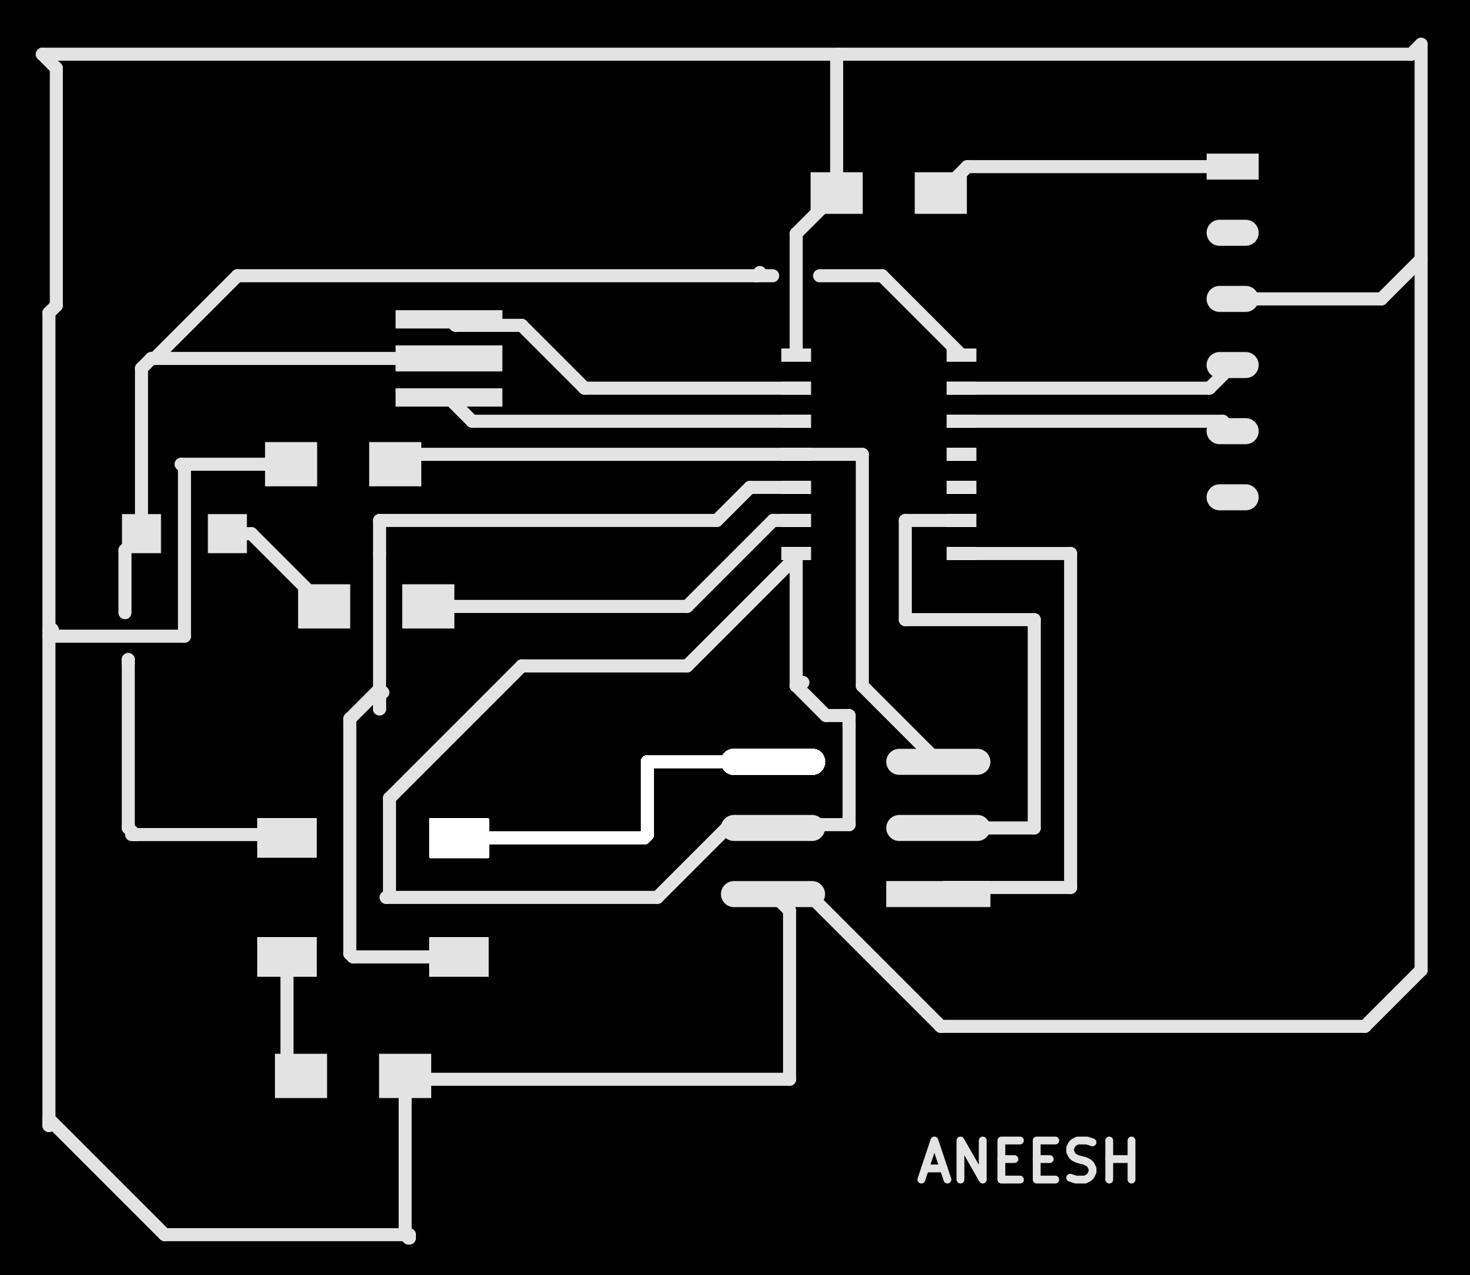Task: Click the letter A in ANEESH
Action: pos(934,1161)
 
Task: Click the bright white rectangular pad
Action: pos(459,838)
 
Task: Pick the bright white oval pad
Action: pos(774,762)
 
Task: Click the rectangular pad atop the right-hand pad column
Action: pos(1233,167)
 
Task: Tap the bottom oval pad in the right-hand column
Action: pos(1233,497)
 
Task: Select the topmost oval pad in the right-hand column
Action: pos(1233,233)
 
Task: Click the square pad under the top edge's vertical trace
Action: pos(837,193)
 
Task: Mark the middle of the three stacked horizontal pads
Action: pos(449,358)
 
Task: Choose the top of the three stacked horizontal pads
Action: pos(449,319)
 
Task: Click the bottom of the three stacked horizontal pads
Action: pos(449,397)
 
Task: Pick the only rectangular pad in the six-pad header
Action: pos(938,894)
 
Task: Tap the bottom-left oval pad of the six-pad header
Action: pos(774,894)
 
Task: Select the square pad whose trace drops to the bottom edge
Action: pos(405,1076)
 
